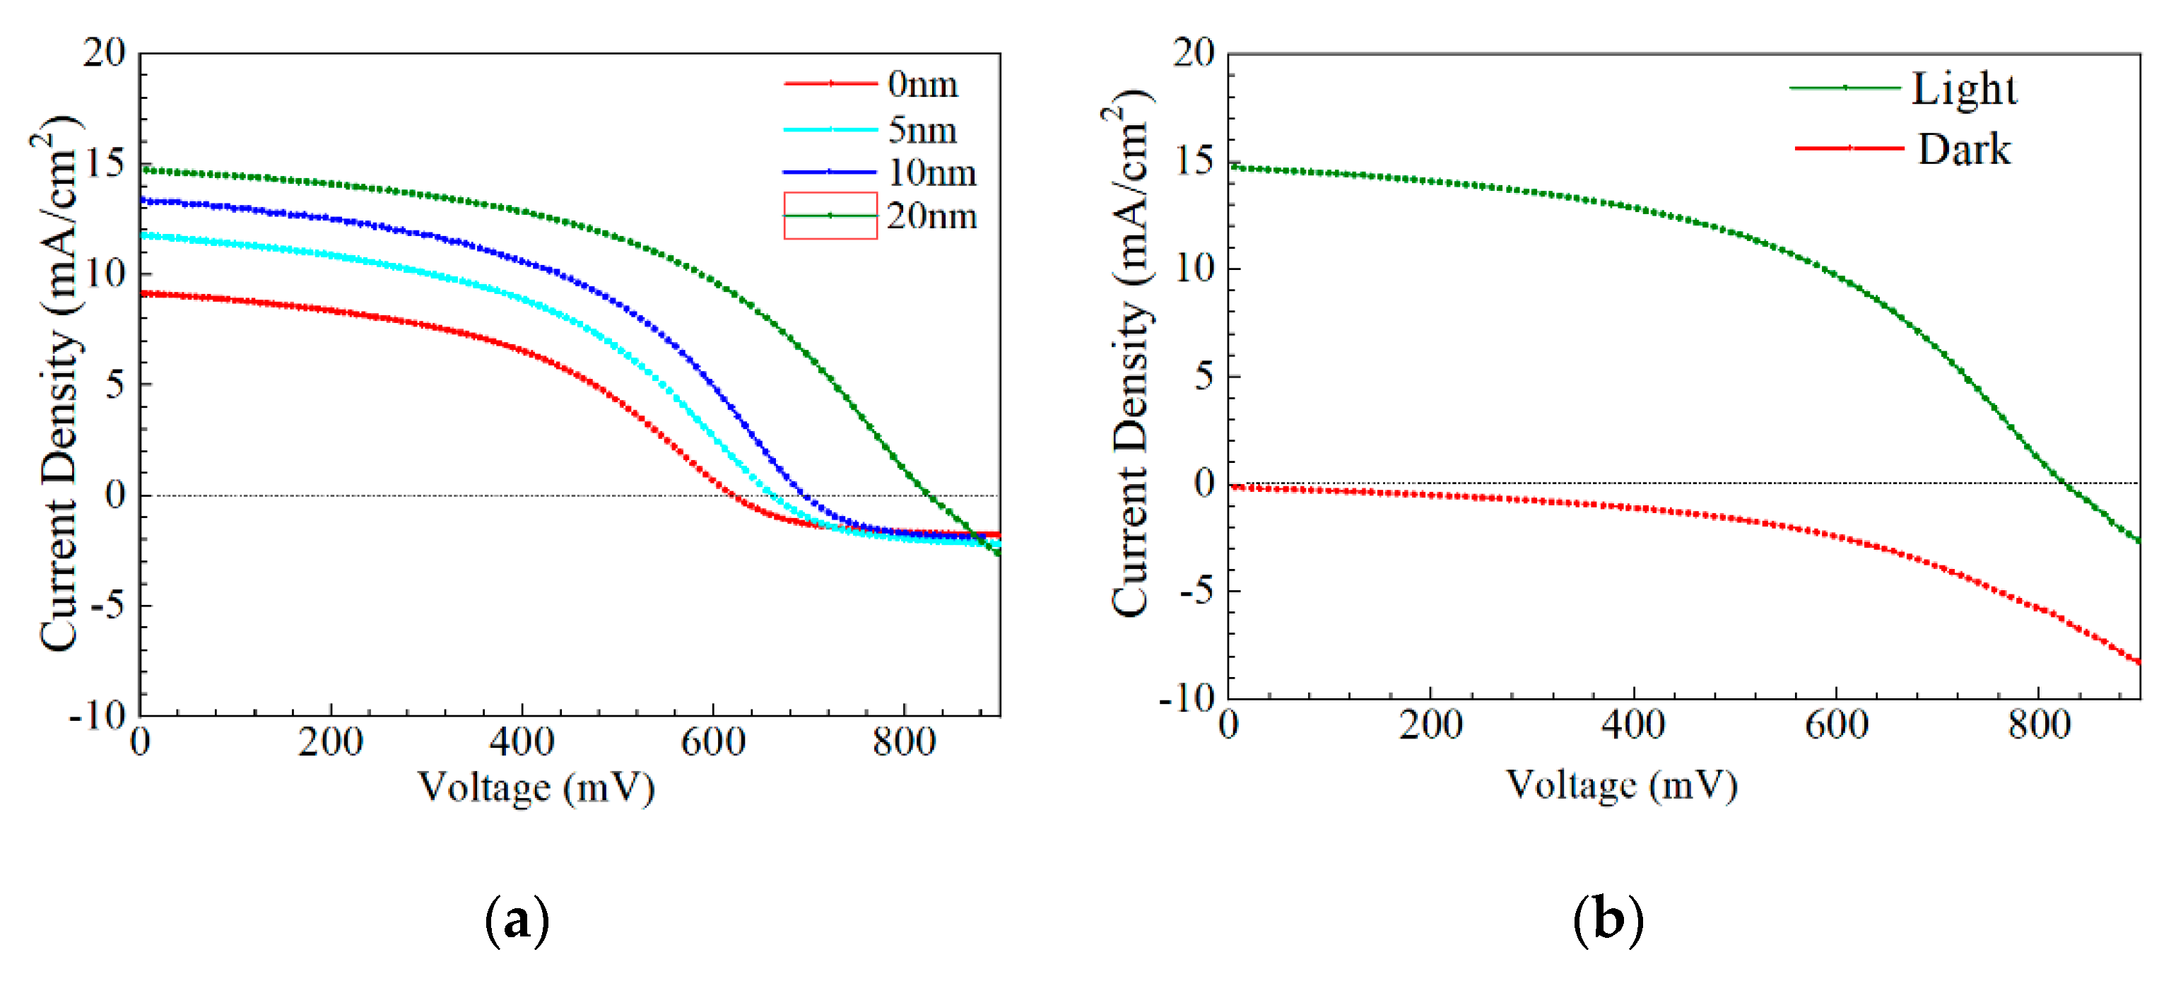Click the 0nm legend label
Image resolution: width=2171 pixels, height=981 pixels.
[x=923, y=84]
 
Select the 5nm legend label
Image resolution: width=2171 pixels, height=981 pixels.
[x=923, y=130]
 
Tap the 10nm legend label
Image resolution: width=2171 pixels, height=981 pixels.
[x=932, y=172]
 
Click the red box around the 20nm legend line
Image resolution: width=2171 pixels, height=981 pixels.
[x=830, y=216]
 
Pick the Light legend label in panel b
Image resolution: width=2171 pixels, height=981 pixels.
[x=1964, y=88]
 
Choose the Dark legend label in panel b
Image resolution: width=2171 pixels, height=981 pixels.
[x=1964, y=149]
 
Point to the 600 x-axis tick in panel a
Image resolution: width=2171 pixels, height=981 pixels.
[x=713, y=741]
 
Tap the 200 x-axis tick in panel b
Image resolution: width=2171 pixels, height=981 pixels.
[x=1430, y=724]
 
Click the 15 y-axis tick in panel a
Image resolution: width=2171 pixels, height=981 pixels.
[x=105, y=163]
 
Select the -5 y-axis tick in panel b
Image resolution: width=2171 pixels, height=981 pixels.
[x=1196, y=591]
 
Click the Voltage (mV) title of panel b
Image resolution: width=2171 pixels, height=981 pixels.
[x=1620, y=785]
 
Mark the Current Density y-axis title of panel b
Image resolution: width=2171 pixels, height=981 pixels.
[x=1130, y=354]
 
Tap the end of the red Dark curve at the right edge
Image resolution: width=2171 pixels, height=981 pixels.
[x=2137, y=662]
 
